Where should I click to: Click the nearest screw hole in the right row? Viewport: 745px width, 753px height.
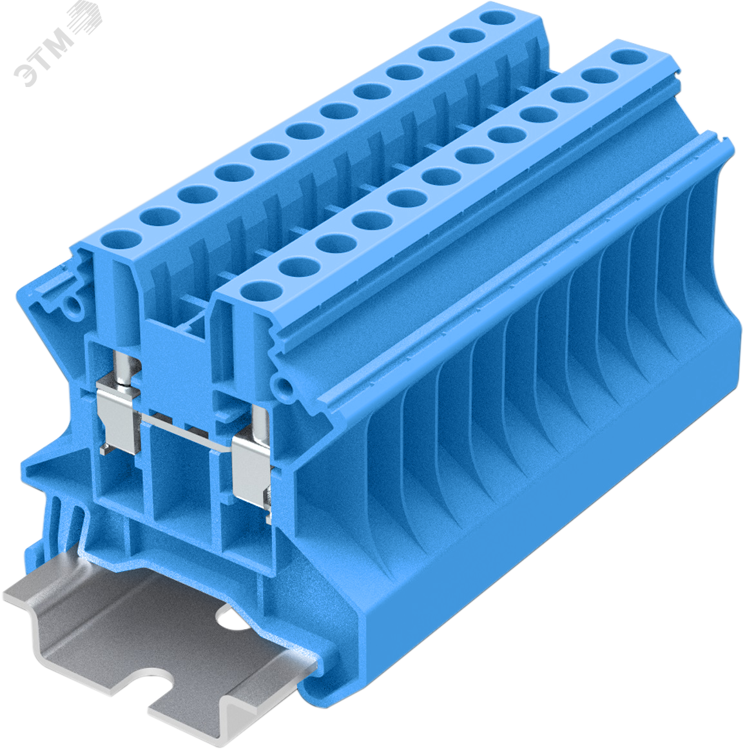[262, 291]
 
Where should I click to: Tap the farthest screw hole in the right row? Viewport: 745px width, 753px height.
[629, 57]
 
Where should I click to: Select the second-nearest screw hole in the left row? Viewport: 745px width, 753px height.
[159, 217]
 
